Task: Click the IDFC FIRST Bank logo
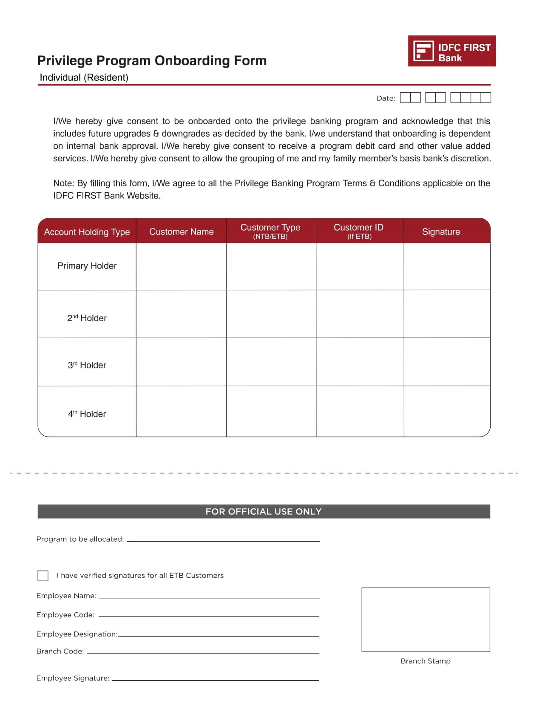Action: [451, 51]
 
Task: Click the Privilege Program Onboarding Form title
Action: [152, 60]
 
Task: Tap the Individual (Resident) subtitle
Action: [84, 77]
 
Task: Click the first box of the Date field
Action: [405, 98]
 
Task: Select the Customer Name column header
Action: [181, 232]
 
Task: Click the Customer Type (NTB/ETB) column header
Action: [270, 231]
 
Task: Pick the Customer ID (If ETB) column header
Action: [359, 231]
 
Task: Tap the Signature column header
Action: [441, 232]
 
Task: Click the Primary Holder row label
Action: [87, 266]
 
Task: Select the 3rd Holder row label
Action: [87, 365]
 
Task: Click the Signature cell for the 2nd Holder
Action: [446, 314]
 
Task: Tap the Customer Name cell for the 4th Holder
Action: [181, 411]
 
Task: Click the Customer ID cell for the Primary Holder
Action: [360, 267]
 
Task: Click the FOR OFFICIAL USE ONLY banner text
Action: [264, 511]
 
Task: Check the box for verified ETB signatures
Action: [43, 576]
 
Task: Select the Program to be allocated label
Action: [80, 539]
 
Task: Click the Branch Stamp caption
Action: [426, 661]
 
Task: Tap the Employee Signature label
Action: [73, 678]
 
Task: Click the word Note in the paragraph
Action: [63, 183]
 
